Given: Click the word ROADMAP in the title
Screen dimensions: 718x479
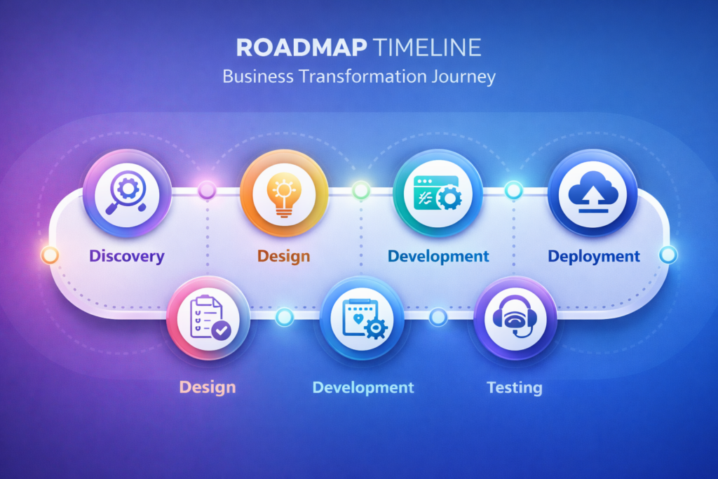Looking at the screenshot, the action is point(302,48).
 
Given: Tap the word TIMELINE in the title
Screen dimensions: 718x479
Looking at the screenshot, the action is point(427,48).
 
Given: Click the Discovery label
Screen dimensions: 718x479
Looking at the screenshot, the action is point(127,256).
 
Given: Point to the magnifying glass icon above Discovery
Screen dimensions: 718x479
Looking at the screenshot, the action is point(127,192).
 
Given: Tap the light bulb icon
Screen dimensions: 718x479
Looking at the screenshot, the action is point(284,195).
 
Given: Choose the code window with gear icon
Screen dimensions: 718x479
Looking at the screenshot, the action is point(438,193).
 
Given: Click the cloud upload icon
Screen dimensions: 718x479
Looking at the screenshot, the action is point(593,192).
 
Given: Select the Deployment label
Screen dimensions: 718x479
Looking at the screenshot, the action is point(594,256).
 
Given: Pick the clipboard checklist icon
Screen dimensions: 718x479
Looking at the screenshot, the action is point(210,318).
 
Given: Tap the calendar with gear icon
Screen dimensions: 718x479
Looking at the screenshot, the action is point(365,318).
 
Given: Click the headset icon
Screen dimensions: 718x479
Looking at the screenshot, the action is point(515,317).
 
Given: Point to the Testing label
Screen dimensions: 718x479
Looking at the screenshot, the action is point(515,387).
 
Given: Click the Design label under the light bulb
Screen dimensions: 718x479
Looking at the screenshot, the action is point(283,256).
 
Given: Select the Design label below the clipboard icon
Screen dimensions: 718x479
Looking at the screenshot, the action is point(208,387).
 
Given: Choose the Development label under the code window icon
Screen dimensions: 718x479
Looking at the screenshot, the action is point(438,256).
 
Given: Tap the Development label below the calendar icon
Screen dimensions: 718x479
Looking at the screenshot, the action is point(363,387).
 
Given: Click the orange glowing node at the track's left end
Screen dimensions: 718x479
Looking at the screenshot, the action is point(50,255).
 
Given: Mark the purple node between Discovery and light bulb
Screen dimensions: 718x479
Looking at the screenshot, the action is point(207,189).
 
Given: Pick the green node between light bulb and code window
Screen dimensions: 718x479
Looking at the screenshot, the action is point(361,190).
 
